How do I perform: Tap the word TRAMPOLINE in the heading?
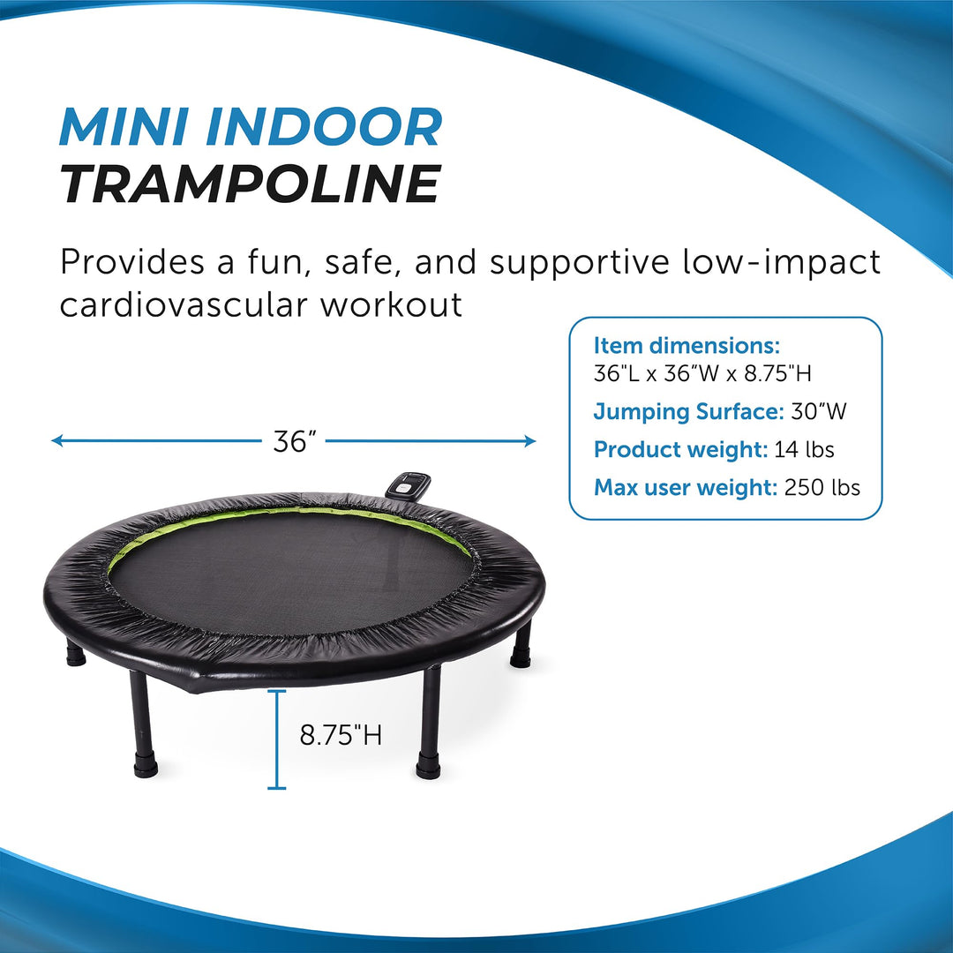click(x=251, y=184)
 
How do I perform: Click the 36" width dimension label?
click(x=295, y=441)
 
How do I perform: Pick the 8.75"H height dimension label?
click(x=341, y=735)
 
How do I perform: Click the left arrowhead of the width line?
click(x=56, y=440)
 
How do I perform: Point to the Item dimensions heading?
click(x=687, y=345)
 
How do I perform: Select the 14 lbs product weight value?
click(x=804, y=449)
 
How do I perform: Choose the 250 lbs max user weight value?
click(x=822, y=487)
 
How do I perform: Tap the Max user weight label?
click(x=685, y=487)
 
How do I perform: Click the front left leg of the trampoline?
click(x=143, y=724)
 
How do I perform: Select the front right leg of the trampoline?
click(x=429, y=723)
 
